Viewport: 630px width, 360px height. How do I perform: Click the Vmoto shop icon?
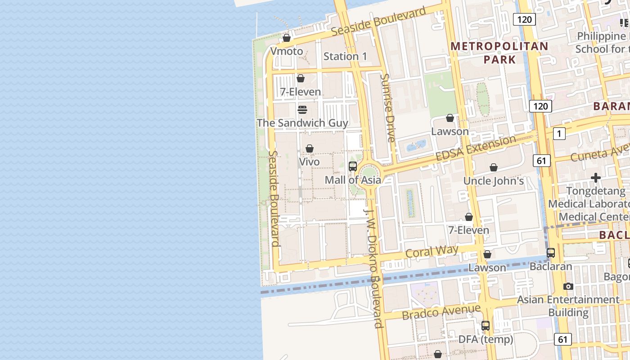click(287, 38)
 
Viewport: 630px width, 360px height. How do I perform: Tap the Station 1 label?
click(345, 56)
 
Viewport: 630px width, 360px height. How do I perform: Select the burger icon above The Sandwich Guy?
click(302, 110)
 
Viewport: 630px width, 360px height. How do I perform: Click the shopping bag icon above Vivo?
click(310, 148)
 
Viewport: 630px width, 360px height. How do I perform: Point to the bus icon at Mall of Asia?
click(353, 166)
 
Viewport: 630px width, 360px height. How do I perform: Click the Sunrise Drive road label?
click(387, 108)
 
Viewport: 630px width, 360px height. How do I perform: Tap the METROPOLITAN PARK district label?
click(499, 53)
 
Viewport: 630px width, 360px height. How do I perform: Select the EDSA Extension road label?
click(476, 148)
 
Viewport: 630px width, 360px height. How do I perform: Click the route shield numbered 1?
click(559, 134)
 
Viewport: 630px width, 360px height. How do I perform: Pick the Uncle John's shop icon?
click(494, 168)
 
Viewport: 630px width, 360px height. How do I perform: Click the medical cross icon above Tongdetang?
click(596, 178)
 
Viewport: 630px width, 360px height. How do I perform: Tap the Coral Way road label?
click(432, 251)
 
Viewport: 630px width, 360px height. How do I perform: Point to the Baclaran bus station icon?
click(551, 253)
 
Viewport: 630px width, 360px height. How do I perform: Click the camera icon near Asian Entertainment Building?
click(568, 286)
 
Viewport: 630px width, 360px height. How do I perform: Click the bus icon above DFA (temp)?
click(486, 326)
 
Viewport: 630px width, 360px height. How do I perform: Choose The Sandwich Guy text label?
click(302, 123)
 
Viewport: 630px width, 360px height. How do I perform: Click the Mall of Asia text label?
click(353, 180)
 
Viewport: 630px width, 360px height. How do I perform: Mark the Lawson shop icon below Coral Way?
click(487, 255)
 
